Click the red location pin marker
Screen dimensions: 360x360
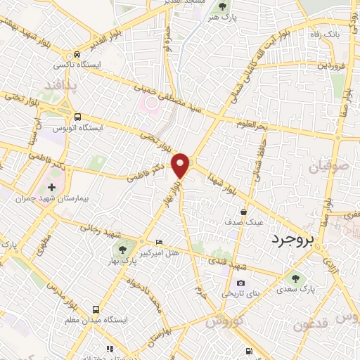pyautogui.click(x=181, y=165)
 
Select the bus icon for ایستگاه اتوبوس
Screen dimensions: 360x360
pyautogui.click(x=77, y=117)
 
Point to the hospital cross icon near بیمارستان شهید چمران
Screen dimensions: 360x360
pyautogui.click(x=51, y=188)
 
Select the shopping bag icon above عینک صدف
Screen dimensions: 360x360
pyautogui.click(x=243, y=211)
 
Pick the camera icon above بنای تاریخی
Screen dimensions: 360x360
pyautogui.click(x=240, y=283)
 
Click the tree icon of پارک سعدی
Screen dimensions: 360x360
pyautogui.click(x=295, y=278)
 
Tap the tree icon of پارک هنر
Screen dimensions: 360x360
pyautogui.click(x=223, y=7)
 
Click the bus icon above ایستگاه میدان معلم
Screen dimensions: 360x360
pyautogui.click(x=96, y=309)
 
